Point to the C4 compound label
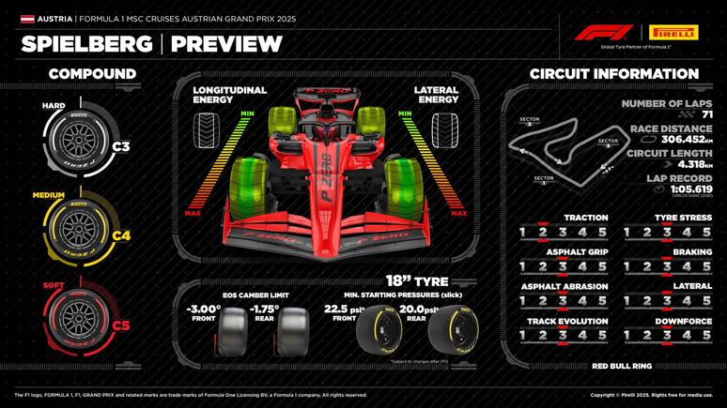pos(121,236)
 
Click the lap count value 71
pos(706,114)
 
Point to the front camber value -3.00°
pos(203,309)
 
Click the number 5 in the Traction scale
pos(602,233)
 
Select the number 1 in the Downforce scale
pos(627,336)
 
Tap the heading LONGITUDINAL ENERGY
pos(229,96)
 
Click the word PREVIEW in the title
pos(226,44)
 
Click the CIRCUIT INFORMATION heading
pos(613,73)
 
